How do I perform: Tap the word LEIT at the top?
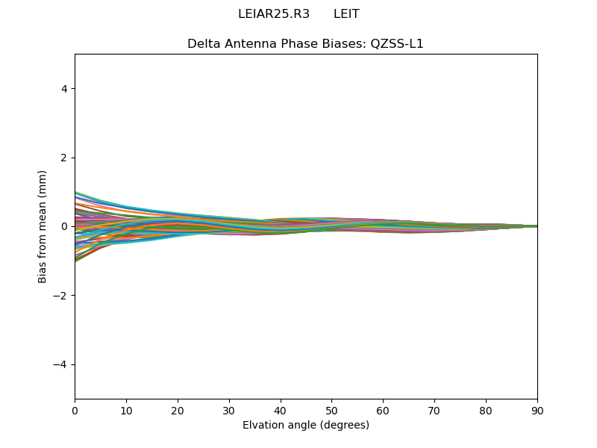pyautogui.click(x=346, y=14)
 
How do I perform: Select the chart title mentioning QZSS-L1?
pyautogui.click(x=305, y=43)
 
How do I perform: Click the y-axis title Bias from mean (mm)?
pyautogui.click(x=43, y=226)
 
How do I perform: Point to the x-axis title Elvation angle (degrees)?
pyautogui.click(x=305, y=425)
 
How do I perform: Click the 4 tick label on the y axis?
pyautogui.click(x=64, y=88)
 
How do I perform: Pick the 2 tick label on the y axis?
pyautogui.click(x=64, y=158)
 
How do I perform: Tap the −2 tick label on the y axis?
pyautogui.click(x=61, y=296)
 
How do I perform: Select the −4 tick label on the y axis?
pyautogui.click(x=61, y=364)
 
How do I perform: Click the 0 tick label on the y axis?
pyautogui.click(x=64, y=226)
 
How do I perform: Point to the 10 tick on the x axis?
pyautogui.click(x=126, y=410)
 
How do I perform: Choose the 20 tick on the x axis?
pyautogui.click(x=178, y=410)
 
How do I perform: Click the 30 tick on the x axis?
pyautogui.click(x=229, y=410)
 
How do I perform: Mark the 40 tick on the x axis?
pyautogui.click(x=281, y=410)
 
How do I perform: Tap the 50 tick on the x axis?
pyautogui.click(x=331, y=410)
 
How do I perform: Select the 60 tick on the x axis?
pyautogui.click(x=383, y=410)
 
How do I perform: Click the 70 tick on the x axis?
pyautogui.click(x=434, y=410)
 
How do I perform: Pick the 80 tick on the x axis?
pyautogui.click(x=486, y=410)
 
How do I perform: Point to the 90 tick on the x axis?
pyautogui.click(x=537, y=410)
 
